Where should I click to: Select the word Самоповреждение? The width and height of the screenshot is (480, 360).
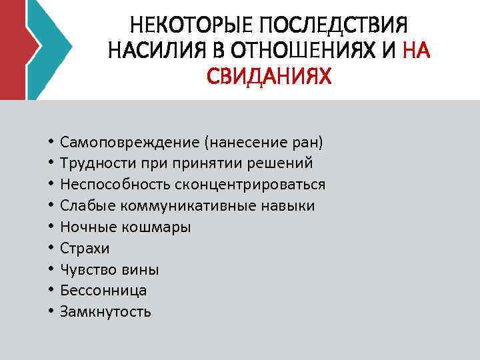[129, 142]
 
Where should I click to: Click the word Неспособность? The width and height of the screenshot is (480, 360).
[105, 185]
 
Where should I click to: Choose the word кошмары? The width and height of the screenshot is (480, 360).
[157, 227]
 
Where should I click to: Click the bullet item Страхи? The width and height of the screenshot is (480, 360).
[85, 249]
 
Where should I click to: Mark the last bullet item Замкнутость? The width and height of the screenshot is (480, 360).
[105, 311]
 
